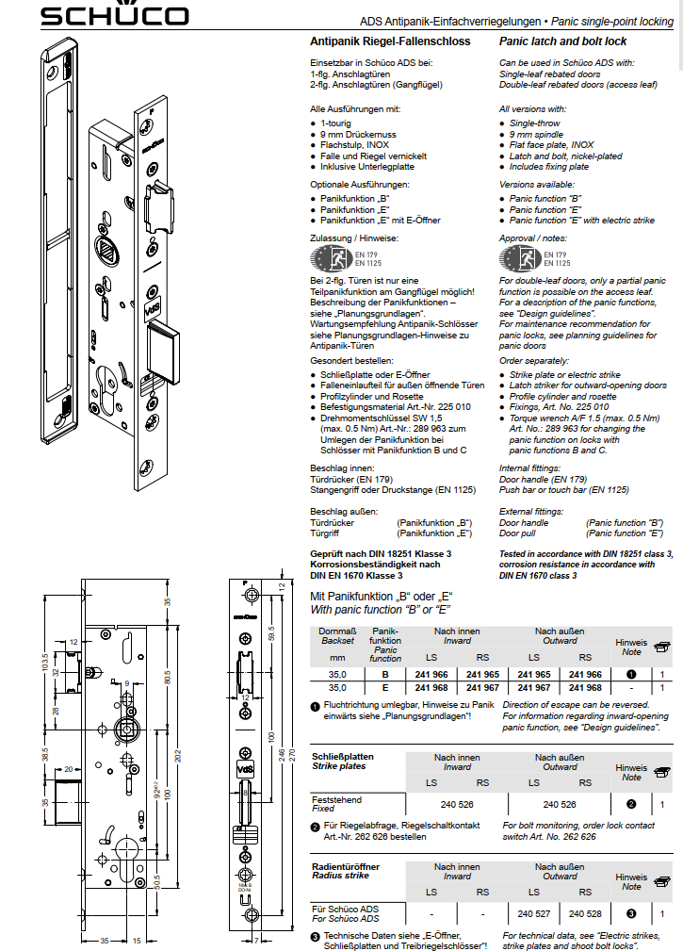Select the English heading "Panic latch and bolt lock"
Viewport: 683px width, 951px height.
(562, 42)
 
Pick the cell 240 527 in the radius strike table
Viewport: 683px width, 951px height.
(534, 913)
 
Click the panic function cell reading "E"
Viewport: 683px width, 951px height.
(384, 687)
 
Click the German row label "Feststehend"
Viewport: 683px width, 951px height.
(336, 799)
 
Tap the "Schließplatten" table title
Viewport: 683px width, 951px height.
(343, 756)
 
